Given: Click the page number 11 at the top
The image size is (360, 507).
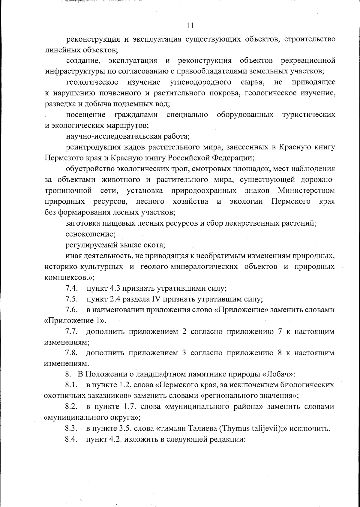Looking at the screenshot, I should click(x=190, y=25).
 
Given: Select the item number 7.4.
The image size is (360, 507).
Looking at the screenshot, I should click(x=72, y=289).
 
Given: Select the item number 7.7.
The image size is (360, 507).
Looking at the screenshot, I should click(x=72, y=331).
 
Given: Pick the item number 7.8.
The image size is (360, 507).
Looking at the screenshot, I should click(x=72, y=353).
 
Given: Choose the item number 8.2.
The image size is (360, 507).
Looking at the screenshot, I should click(x=72, y=407).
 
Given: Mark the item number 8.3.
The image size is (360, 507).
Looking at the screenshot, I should click(x=72, y=428).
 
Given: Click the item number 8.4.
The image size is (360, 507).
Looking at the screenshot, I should click(x=72, y=439).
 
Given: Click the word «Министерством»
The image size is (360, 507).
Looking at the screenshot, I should click(x=306, y=190).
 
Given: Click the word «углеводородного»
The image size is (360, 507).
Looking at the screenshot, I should click(x=200, y=82).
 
